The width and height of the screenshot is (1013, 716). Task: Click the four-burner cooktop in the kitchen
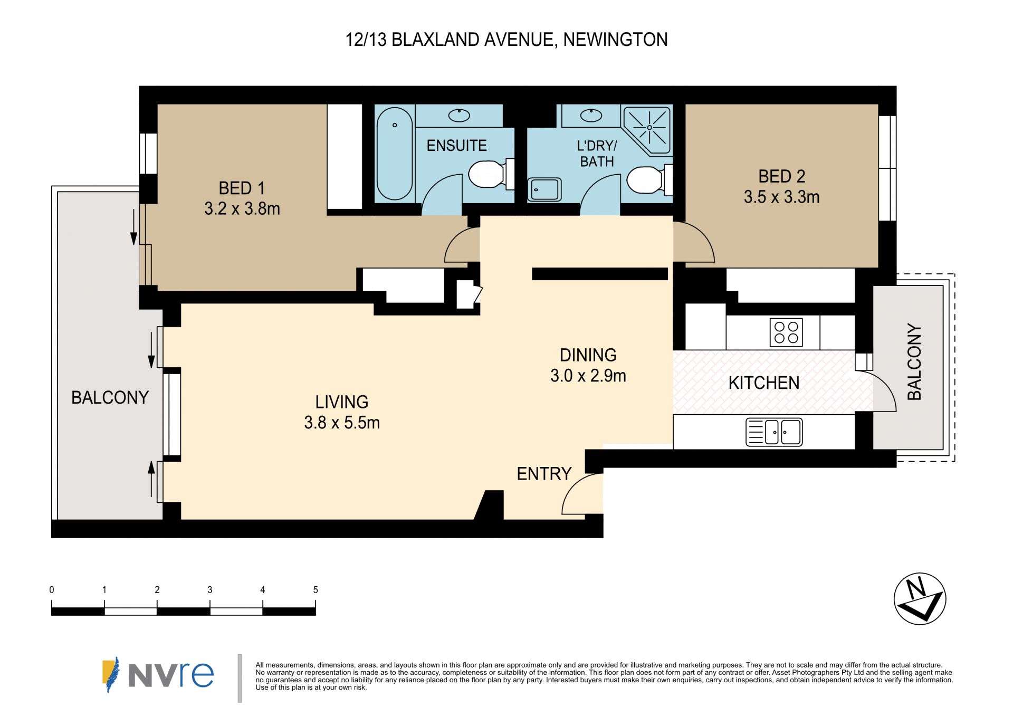[786, 332]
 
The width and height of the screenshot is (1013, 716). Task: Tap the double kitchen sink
[774, 432]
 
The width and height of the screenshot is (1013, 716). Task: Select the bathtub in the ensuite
[395, 154]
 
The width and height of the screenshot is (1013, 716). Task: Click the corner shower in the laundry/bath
[647, 130]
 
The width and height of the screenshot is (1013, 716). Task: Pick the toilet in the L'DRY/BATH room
[649, 180]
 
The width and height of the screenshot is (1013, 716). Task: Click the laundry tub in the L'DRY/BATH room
[544, 189]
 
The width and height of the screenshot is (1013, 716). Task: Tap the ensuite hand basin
[459, 115]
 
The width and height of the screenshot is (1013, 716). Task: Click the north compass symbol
[920, 599]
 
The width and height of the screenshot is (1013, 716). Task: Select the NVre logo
[158, 674]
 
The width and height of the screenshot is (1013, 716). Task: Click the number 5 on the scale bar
[316, 590]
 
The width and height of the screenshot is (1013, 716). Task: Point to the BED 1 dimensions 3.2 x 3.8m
[242, 209]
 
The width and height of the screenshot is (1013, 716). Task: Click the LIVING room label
[342, 402]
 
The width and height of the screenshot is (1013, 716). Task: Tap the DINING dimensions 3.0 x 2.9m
[588, 376]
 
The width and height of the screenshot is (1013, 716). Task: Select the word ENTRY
[544, 474]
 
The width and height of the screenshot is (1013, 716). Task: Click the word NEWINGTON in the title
[615, 40]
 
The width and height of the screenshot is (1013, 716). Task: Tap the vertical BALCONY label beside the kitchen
[914, 362]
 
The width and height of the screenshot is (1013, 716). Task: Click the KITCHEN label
[764, 383]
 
